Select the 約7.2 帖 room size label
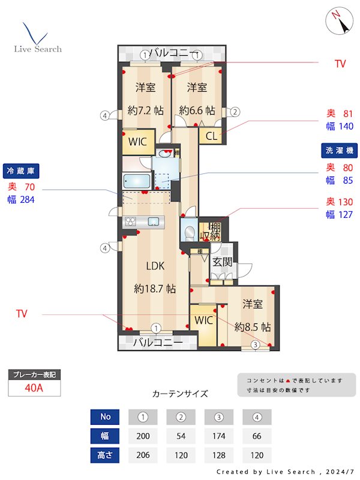146,110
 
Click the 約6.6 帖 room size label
197,110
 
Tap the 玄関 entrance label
222,262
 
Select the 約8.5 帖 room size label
253,328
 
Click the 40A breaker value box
34,388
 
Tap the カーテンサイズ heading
180,394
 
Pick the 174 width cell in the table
219,436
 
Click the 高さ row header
106,455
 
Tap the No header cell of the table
106,416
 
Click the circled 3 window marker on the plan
255,344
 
